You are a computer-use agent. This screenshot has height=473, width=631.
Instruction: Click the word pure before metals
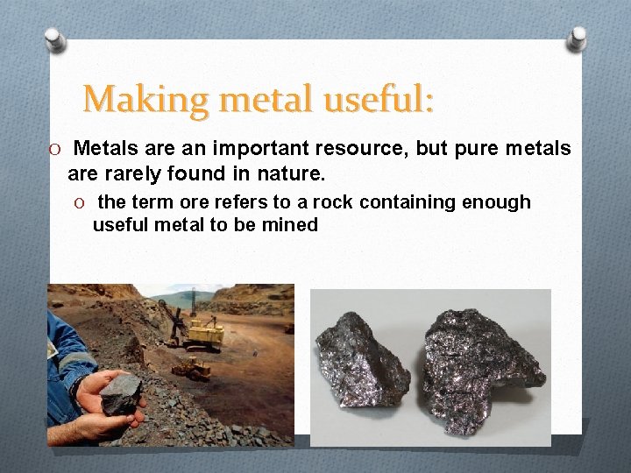click(471, 149)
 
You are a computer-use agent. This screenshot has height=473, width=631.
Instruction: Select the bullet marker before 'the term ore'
click(81, 203)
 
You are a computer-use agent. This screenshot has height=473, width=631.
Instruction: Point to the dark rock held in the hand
click(120, 395)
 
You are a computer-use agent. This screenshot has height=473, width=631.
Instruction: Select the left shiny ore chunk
click(360, 359)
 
